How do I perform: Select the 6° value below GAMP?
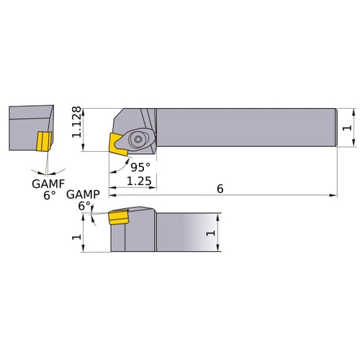point(84,206)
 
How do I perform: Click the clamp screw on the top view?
point(137,136)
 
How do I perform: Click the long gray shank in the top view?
point(245,127)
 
